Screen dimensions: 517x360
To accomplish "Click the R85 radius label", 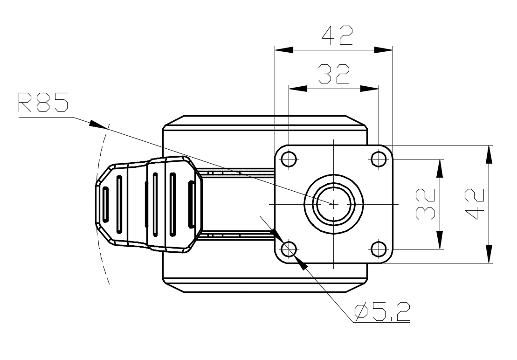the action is tap(43, 102).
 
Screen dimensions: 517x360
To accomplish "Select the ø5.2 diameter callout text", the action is tap(382, 312).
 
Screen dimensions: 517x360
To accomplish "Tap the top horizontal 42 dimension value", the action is tap(337, 35).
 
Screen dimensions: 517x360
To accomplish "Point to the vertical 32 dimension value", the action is tap(425, 204).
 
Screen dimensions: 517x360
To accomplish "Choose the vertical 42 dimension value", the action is tap(474, 204).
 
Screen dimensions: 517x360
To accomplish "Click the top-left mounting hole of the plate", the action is tap(289, 159).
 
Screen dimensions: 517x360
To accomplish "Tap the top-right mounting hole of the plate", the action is tap(379, 159).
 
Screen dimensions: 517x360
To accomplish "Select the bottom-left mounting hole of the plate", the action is tap(289, 249).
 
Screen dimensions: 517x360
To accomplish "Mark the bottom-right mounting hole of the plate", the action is tap(379, 249).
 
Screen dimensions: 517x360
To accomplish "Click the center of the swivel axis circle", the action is tap(334, 204).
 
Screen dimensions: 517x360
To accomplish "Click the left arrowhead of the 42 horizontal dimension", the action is tap(284, 50).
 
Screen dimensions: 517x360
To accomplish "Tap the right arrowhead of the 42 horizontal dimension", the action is tap(384, 50).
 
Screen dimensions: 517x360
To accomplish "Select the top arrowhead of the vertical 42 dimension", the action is tap(489, 154).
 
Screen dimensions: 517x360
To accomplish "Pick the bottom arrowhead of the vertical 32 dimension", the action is tap(440, 240).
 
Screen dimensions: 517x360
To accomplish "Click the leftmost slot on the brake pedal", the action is tap(105, 204).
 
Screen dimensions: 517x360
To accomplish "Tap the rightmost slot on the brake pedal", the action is tap(191, 204).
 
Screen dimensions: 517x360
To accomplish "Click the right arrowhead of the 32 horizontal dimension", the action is tap(370, 88).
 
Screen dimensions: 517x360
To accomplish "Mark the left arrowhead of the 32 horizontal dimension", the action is tap(298, 88).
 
